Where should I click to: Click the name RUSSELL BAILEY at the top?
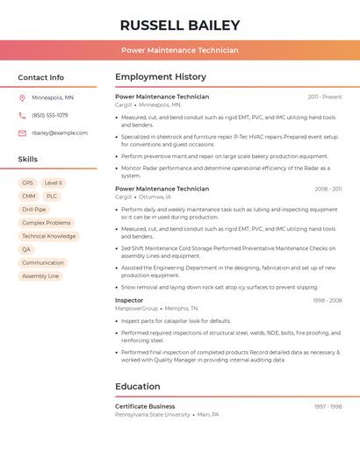[x=179, y=25]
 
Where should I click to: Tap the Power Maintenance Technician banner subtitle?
[x=179, y=50]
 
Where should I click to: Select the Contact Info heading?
[x=40, y=77]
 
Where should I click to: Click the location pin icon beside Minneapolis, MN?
[x=22, y=97]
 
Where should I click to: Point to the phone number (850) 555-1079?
[x=49, y=115]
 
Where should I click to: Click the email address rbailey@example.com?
[x=60, y=132]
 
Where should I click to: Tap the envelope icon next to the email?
[x=22, y=132]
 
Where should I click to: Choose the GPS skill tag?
[x=27, y=182]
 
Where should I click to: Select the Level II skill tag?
[x=54, y=182]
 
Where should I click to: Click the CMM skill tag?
[x=29, y=196]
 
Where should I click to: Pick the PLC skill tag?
[x=52, y=196]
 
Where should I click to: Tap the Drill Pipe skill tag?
[x=34, y=210]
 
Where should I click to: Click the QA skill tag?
[x=26, y=249]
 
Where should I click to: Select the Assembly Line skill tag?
[x=40, y=275]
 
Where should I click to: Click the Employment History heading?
[x=160, y=77]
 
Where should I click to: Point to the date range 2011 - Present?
[x=325, y=97]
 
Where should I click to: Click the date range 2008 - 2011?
[x=328, y=189]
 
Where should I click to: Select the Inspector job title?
[x=129, y=300]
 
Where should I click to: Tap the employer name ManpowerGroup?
[x=136, y=309]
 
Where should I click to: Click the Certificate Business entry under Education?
[x=145, y=406]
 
